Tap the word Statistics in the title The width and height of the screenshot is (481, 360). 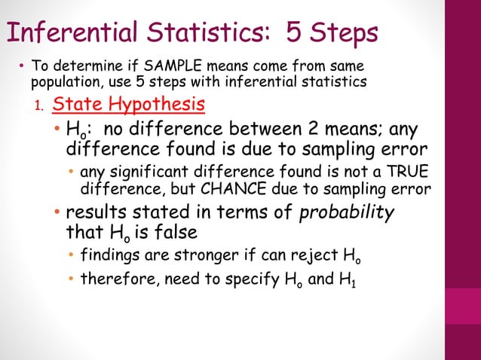[x=199, y=33]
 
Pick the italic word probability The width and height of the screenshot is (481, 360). [x=347, y=212]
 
